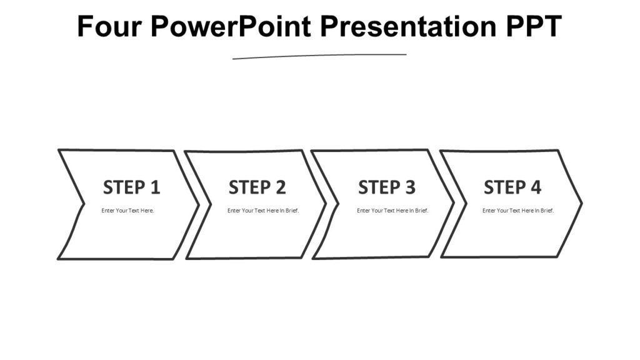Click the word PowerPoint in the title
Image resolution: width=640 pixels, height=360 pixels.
tap(231, 26)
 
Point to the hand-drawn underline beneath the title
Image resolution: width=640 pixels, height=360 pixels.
tap(319, 56)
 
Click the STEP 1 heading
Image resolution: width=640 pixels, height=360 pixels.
tap(131, 187)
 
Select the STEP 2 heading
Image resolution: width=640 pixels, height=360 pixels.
tap(257, 187)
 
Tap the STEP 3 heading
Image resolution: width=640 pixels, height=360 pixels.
tap(386, 187)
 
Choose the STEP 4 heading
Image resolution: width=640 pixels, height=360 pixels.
tap(512, 187)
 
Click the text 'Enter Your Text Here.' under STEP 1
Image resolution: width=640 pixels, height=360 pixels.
tap(127, 211)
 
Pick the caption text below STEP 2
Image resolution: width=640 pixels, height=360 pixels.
tap(263, 211)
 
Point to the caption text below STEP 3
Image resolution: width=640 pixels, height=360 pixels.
tap(392, 211)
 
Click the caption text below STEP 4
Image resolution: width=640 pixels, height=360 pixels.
tap(518, 211)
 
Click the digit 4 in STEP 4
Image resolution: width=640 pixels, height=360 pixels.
tap(536, 187)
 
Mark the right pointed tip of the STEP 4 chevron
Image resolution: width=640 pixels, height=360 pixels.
tap(581, 203)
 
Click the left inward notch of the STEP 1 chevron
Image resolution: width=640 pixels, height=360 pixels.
tap(84, 204)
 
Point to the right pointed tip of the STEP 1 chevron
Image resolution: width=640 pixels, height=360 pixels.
tap(198, 204)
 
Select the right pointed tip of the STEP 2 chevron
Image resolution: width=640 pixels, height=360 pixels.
tap(325, 204)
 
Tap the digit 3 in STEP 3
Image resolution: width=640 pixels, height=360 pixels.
tap(409, 187)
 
